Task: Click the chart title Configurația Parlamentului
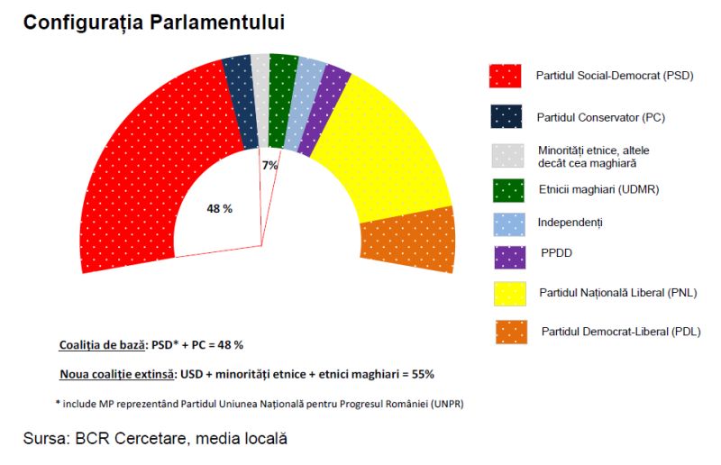[x=154, y=22]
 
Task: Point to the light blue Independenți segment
[x=303, y=105]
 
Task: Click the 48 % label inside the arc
[x=219, y=209]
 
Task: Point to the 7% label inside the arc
[x=269, y=165]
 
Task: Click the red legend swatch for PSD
[x=505, y=76]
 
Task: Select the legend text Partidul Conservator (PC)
[x=601, y=117]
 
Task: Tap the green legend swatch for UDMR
[x=508, y=190]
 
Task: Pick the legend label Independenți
[x=570, y=223]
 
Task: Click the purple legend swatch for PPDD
[x=509, y=258]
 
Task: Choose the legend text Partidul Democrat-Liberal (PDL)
[x=621, y=332]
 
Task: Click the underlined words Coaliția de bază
[x=102, y=345]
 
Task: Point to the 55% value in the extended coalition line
[x=423, y=374]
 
